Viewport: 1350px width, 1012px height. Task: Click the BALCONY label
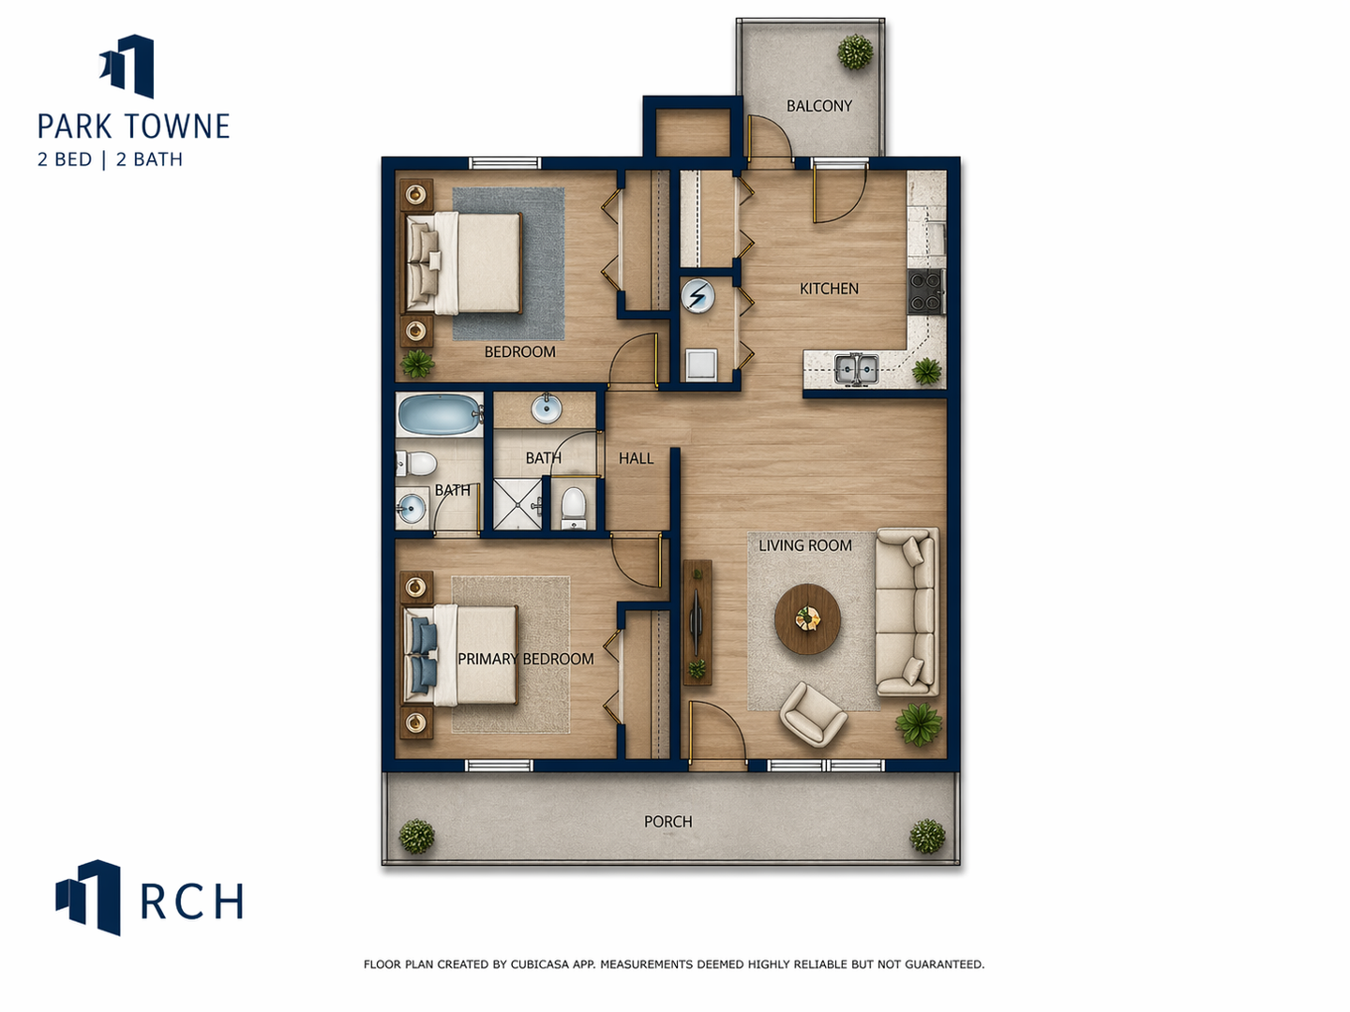coord(819,106)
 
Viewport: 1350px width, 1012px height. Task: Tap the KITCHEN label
coord(829,289)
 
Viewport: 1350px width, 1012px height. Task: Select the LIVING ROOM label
coord(805,545)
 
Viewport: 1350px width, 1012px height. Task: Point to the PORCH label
coord(667,822)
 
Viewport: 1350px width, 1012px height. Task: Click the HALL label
coord(636,458)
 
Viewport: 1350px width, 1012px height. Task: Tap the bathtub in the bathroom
coord(440,415)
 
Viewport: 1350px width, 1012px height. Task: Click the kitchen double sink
coord(857,368)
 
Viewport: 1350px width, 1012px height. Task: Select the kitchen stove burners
coord(926,291)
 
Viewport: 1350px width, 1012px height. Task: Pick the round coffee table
coord(807,618)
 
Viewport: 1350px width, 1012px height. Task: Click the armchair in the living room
coord(813,715)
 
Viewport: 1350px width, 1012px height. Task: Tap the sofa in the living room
coord(907,611)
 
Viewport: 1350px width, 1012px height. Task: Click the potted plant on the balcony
coord(855,52)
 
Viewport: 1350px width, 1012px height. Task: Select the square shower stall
coord(517,504)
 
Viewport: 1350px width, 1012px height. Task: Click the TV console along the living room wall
coord(697,622)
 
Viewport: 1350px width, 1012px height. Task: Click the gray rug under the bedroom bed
coord(509,263)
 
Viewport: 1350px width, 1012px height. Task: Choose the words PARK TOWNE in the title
coord(133,126)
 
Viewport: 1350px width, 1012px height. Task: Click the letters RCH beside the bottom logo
coord(192,902)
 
